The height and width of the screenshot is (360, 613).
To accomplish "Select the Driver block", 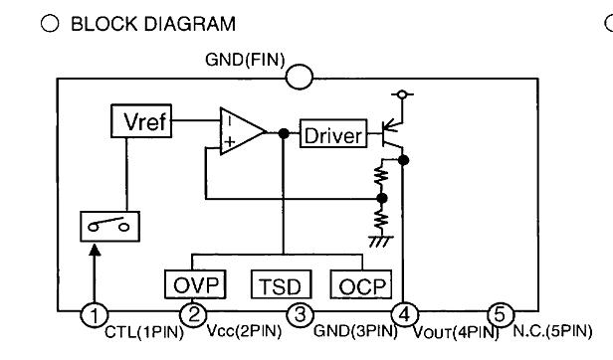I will pos(333,134).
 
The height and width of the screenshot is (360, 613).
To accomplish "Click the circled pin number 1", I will pos(94,315).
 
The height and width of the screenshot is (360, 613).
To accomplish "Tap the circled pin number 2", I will pos(196,315).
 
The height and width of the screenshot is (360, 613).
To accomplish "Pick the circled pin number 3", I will pos(300,315).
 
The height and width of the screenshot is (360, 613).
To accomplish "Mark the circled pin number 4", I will pos(404,315).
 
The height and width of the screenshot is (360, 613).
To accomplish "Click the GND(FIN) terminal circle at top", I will pos(300,76).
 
